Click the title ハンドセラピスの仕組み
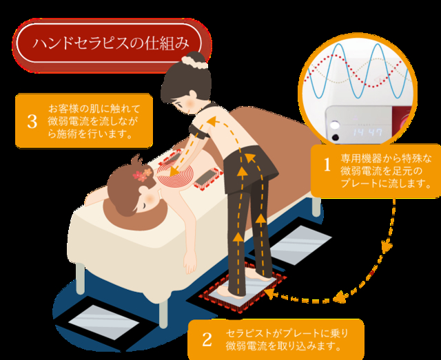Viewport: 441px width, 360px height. (111, 44)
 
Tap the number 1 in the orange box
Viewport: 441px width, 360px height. (327, 165)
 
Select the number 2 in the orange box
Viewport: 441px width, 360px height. (207, 339)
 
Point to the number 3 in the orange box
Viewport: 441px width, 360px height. (32, 122)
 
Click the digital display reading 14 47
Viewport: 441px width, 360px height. (367, 132)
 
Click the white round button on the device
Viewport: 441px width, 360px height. (334, 125)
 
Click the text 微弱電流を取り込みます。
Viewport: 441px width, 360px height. (283, 346)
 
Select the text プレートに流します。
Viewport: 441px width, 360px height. (386, 183)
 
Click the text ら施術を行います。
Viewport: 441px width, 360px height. (90, 134)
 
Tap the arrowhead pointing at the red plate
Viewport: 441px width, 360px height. (269, 293)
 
